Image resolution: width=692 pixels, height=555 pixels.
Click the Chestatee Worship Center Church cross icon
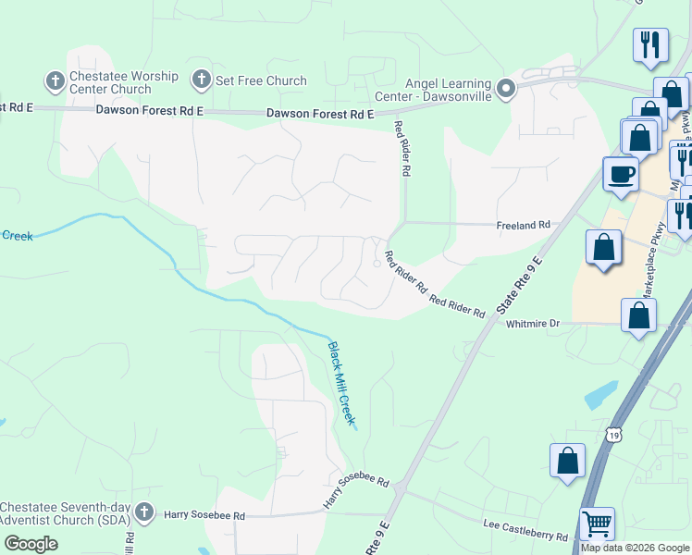tap(55, 80)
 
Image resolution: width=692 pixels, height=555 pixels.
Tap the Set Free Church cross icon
tap(201, 80)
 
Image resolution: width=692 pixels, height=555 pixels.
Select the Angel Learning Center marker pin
tap(505, 90)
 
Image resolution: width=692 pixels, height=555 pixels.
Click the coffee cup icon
tap(621, 173)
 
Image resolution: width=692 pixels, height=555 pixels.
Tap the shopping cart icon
tap(597, 524)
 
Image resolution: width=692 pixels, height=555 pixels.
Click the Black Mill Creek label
tap(341, 384)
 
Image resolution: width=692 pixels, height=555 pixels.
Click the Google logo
tap(31, 544)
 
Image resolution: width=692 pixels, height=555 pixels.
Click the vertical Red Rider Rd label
tap(402, 148)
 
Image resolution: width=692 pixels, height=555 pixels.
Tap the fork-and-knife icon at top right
tap(650, 44)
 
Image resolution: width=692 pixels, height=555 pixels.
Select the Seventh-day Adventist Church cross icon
tap(143, 512)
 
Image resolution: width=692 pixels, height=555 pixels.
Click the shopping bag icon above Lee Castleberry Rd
tap(567, 461)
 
